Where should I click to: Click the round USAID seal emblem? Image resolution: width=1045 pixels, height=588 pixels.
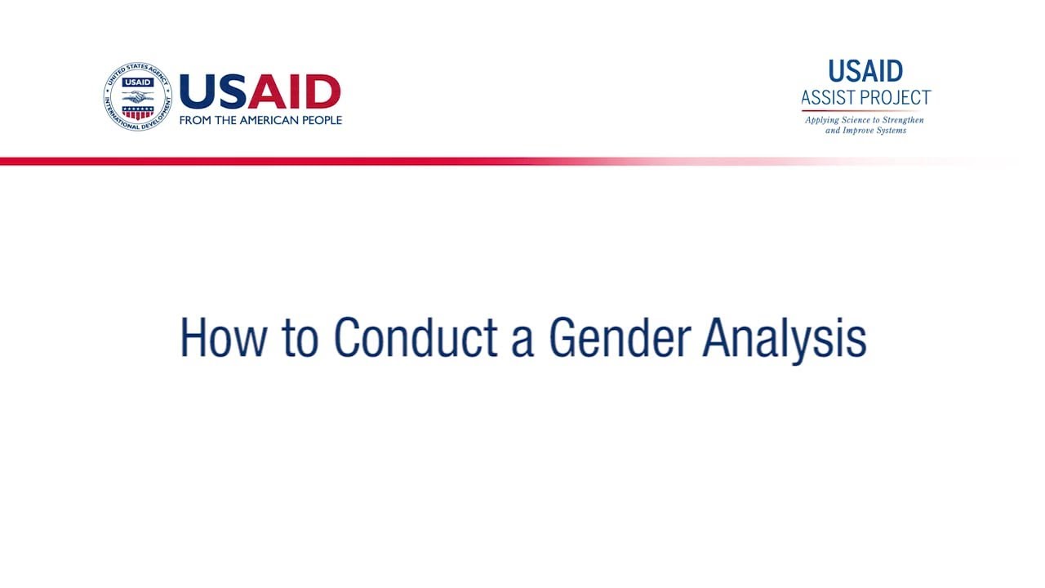pyautogui.click(x=137, y=96)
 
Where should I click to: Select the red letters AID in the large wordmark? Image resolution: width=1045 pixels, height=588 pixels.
pyautogui.click(x=294, y=92)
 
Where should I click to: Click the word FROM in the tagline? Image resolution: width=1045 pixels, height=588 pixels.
pyautogui.click(x=196, y=120)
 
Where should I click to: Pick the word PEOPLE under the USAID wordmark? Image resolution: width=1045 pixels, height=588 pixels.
pyautogui.click(x=323, y=120)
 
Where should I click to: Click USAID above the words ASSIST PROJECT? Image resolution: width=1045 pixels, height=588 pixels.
pyautogui.click(x=865, y=72)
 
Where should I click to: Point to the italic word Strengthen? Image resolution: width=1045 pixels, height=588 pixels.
pyautogui.click(x=903, y=120)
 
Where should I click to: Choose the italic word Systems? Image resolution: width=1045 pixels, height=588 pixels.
pyautogui.click(x=887, y=131)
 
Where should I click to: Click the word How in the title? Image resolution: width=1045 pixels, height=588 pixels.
pyautogui.click(x=222, y=337)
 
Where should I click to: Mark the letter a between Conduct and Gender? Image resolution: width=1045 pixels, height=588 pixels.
pyautogui.click(x=522, y=341)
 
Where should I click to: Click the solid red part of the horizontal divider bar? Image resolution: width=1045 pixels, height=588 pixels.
pyautogui.click(x=245, y=161)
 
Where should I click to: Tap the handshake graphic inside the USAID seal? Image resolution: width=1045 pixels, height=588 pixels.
pyautogui.click(x=137, y=96)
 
